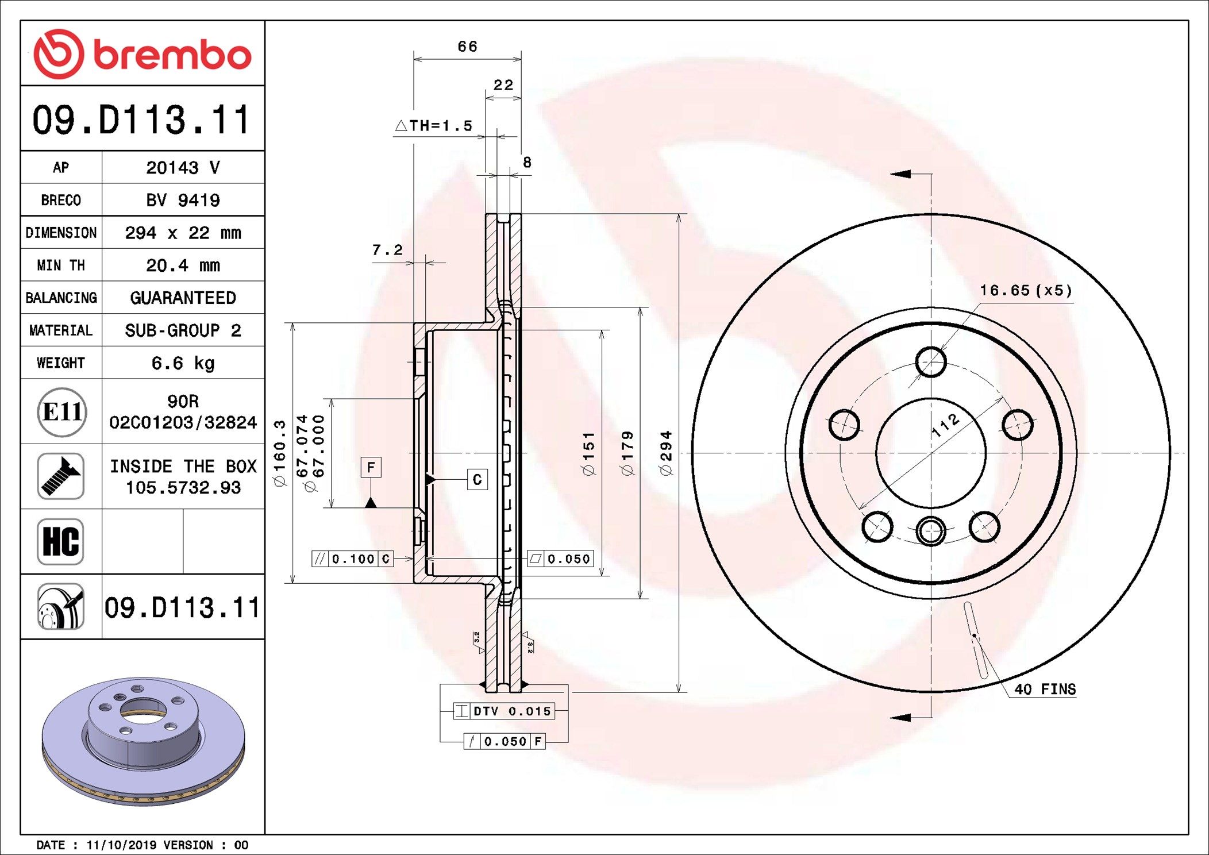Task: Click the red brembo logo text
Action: (x=172, y=55)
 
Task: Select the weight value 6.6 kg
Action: (x=183, y=363)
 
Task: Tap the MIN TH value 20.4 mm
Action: (x=183, y=265)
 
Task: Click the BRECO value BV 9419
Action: (x=183, y=200)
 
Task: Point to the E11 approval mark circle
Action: (x=62, y=411)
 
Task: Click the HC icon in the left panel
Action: (x=61, y=541)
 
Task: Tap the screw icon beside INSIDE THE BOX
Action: (x=61, y=476)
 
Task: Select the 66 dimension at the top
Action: (x=467, y=47)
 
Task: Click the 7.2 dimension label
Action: (x=387, y=250)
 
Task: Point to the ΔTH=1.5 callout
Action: (x=434, y=125)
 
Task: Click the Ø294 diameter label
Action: (x=667, y=453)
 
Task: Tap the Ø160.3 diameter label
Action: (x=280, y=453)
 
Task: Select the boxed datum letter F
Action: (x=371, y=467)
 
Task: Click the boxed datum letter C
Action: (x=477, y=480)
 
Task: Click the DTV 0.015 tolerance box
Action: (x=503, y=711)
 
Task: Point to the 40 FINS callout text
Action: (x=1045, y=689)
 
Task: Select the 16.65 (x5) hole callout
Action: (x=1026, y=290)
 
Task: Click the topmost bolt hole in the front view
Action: (x=931, y=362)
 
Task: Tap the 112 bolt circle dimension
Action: (x=945, y=426)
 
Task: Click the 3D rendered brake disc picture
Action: (x=144, y=741)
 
